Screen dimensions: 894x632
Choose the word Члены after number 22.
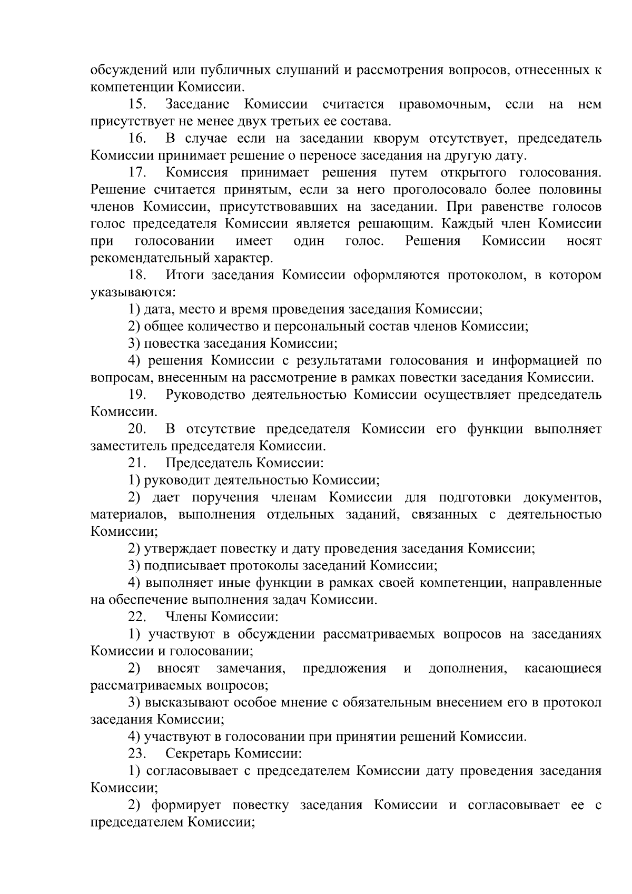coord(184,616)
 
